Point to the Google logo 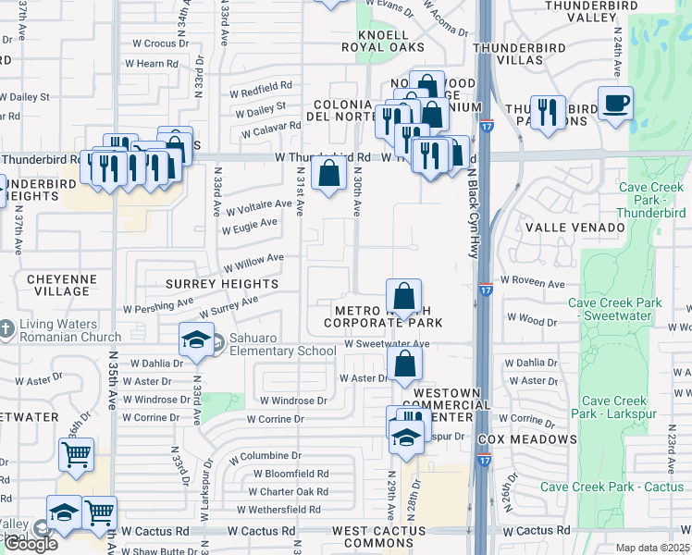(30, 544)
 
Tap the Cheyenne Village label (58, 284)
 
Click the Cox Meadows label (528, 438)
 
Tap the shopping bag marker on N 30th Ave (329, 173)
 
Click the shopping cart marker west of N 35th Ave (76, 455)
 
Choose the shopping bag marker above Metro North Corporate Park (403, 298)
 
